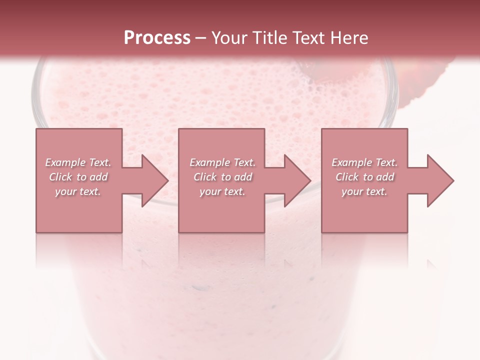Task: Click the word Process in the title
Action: pos(157,38)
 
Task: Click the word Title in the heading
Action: pos(268,38)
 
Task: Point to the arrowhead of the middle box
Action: pos(297,180)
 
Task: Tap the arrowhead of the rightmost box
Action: pos(440,180)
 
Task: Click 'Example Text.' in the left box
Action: pos(78,162)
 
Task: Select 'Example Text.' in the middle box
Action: pos(222,162)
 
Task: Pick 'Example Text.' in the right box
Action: pos(364,162)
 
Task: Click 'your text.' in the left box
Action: pos(78,191)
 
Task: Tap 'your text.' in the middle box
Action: pos(222,191)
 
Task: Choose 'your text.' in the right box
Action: pos(364,191)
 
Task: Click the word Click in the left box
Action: pos(60,177)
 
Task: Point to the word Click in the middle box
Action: pos(205,177)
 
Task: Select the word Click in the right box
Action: pos(347,177)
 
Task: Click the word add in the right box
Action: pos(384,177)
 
